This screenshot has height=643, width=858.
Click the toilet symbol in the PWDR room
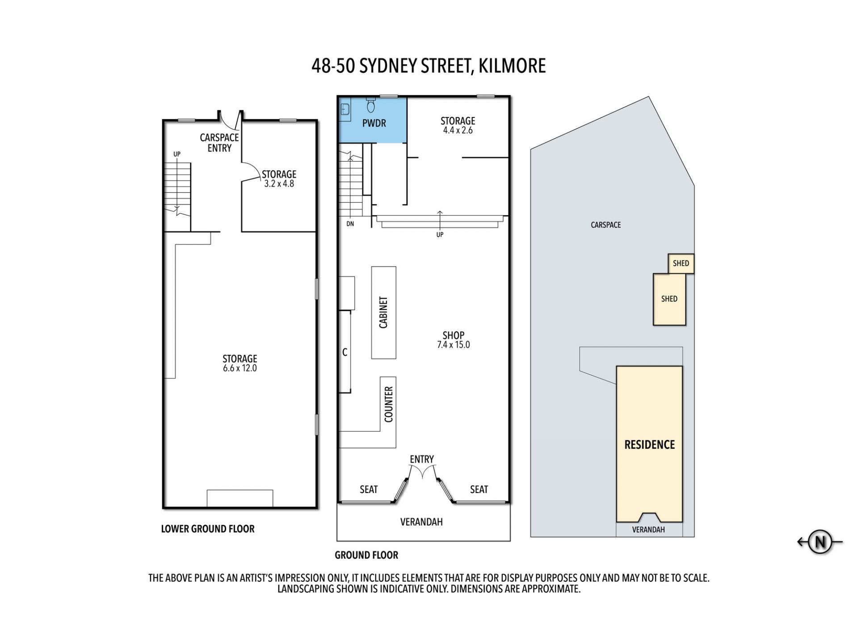coord(371,105)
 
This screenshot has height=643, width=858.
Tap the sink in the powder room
coord(345,109)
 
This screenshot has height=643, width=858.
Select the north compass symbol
coord(820,542)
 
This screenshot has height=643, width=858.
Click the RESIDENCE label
coord(649,445)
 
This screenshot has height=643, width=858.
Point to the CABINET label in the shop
coord(383,313)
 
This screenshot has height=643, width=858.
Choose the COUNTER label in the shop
coord(388,405)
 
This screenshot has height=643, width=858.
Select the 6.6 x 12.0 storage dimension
coord(240,368)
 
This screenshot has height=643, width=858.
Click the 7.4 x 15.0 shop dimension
coord(454,345)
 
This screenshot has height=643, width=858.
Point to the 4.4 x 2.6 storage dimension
coord(458,130)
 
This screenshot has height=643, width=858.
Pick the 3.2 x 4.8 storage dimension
coord(279,184)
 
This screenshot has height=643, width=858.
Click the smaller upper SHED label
coord(681,263)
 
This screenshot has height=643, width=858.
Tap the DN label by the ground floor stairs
coord(350,224)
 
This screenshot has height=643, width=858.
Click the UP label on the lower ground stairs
coord(177,154)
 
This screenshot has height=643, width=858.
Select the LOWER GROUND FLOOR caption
coord(208,529)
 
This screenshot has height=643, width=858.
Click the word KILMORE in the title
coord(512,66)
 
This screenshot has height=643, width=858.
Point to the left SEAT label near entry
coord(369,490)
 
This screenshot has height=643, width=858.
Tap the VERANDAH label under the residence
coord(648,530)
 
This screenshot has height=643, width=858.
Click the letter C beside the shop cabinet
coord(345,352)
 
